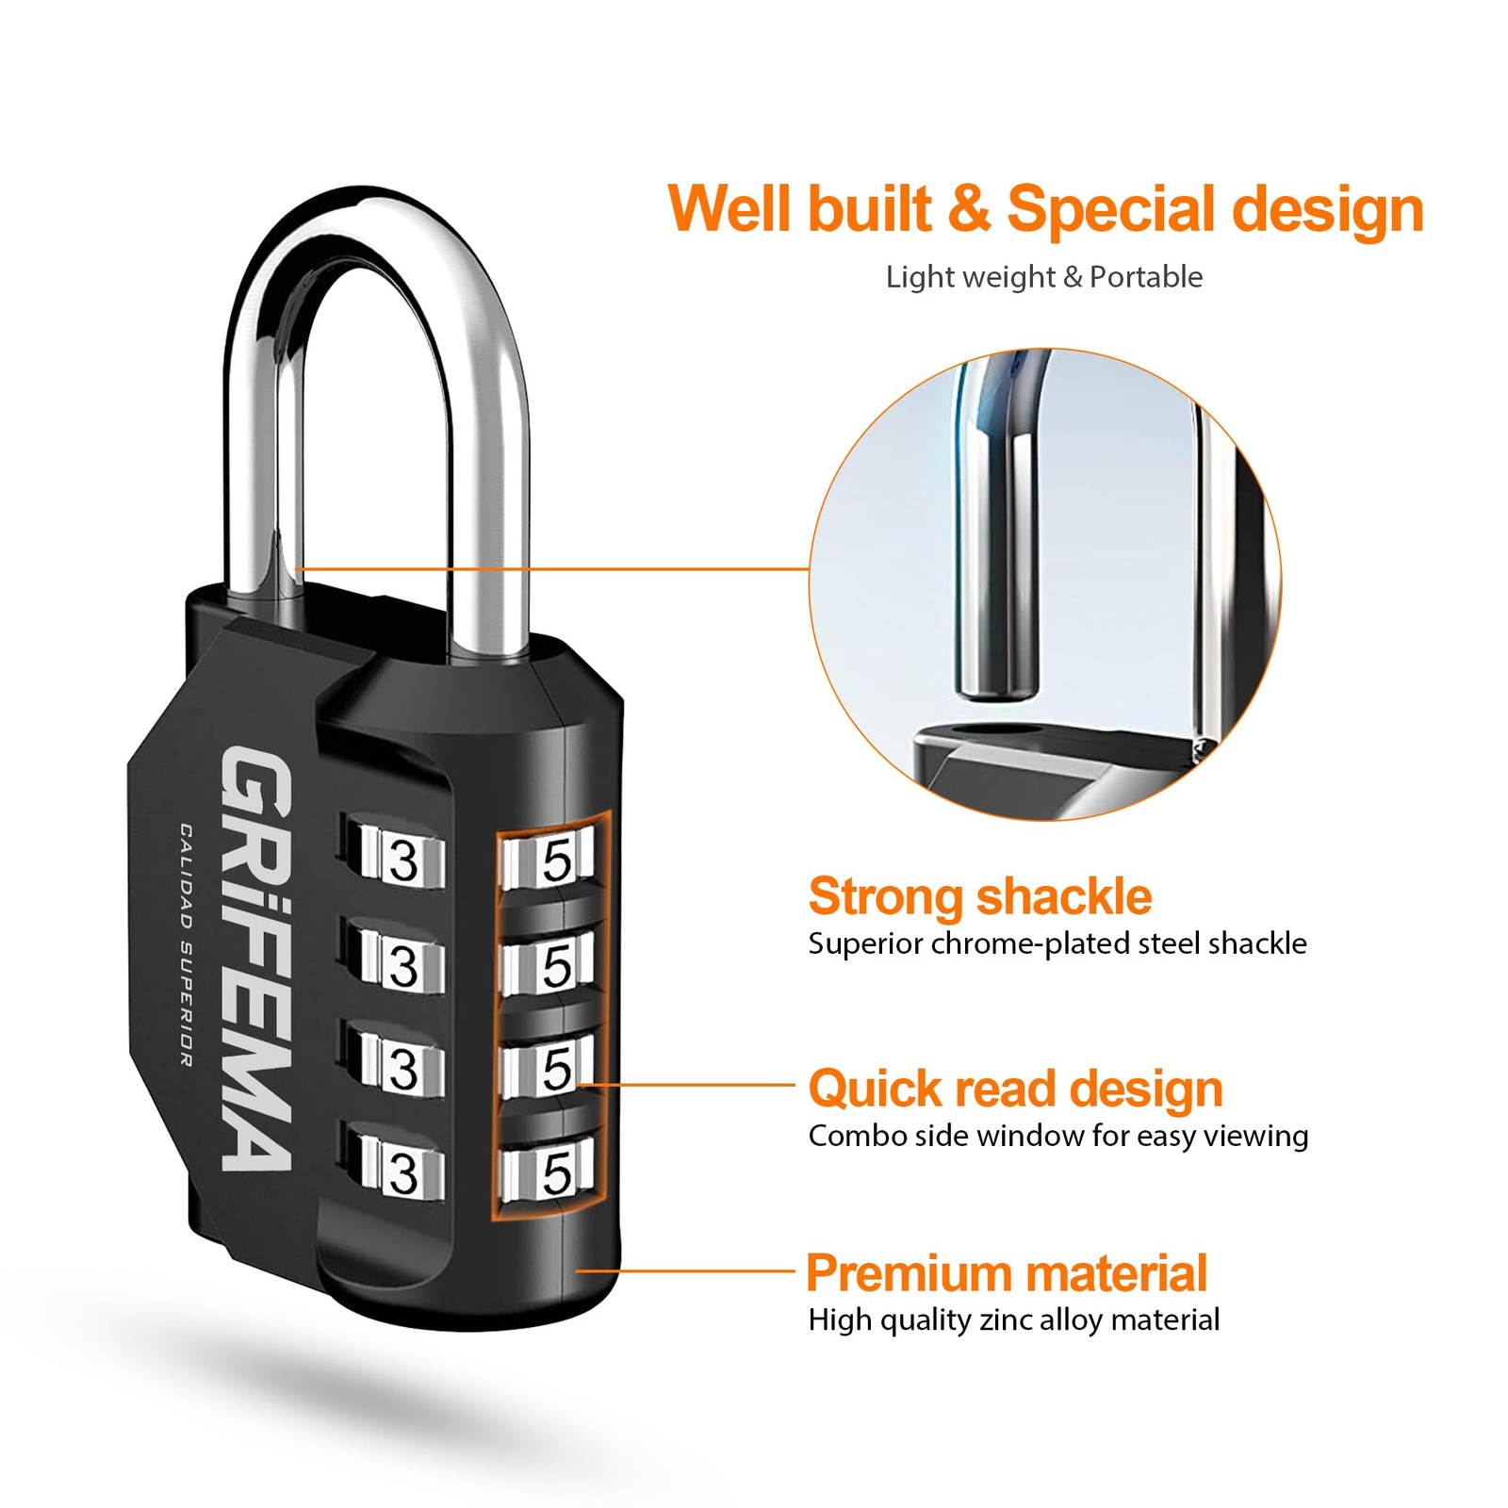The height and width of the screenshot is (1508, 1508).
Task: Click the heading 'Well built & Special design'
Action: tap(1045, 210)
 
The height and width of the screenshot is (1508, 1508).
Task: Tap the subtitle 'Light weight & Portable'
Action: tap(1044, 277)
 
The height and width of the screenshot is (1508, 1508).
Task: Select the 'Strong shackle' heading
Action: tap(980, 896)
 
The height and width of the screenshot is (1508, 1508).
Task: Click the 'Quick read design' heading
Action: tap(1016, 1090)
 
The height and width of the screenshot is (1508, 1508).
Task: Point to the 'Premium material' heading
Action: tap(1007, 1273)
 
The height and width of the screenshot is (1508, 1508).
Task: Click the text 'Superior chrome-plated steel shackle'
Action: tap(1057, 944)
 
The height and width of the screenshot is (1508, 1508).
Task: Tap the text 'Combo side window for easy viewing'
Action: tap(1058, 1137)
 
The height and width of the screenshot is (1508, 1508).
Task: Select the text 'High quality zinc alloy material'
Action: tap(1014, 1320)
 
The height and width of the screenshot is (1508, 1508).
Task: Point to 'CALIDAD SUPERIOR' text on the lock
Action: tap(187, 945)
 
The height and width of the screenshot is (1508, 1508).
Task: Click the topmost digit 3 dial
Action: tap(403, 861)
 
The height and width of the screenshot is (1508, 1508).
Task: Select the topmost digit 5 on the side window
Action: tap(557, 861)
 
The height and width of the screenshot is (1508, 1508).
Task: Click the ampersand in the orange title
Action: tap(970, 209)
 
